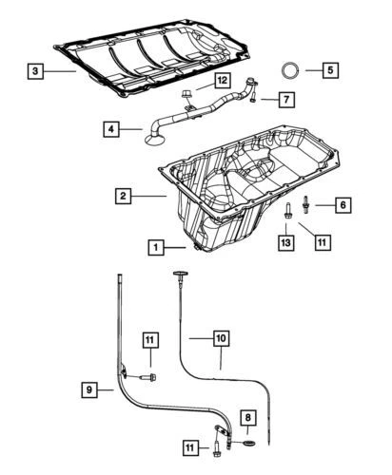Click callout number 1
(154, 247)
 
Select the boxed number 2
(124, 197)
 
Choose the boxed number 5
(328, 69)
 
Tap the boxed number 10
(220, 336)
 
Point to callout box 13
(285, 242)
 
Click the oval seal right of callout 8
(247, 443)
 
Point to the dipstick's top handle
(177, 275)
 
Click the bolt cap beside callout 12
(185, 91)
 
